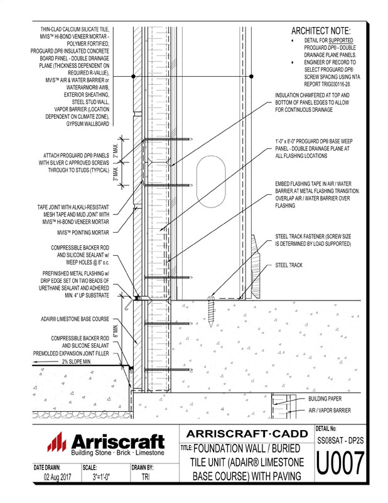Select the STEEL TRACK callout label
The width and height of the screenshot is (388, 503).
click(289, 265)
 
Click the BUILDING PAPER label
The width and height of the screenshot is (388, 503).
click(330, 399)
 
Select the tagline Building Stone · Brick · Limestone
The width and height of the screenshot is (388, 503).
click(117, 453)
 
